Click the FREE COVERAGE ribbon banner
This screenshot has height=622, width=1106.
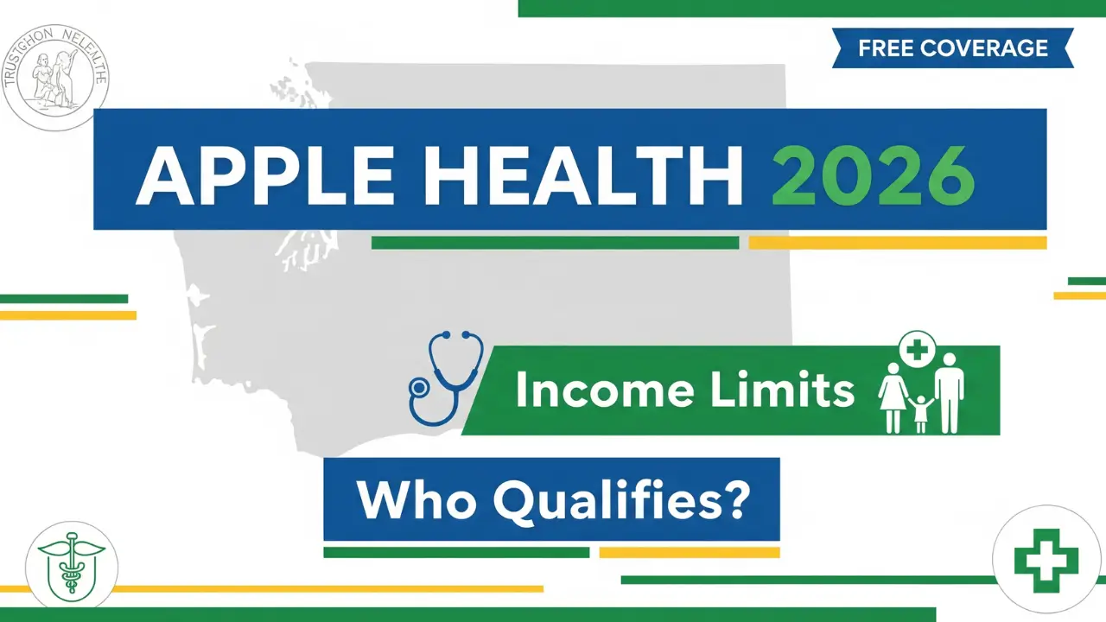click(952, 48)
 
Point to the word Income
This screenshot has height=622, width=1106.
click(604, 390)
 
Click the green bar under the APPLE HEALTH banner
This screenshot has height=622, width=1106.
click(555, 243)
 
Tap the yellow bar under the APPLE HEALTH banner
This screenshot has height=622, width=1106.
click(897, 243)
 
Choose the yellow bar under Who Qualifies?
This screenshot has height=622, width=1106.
click(689, 552)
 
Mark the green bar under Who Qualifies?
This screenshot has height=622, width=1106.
click(456, 552)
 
